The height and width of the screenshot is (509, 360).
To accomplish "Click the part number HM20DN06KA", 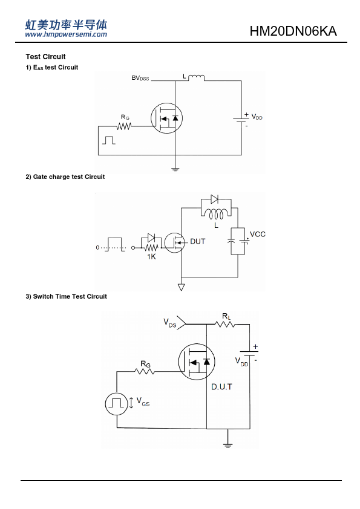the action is pos(293,31).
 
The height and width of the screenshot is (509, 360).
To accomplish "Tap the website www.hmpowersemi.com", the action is pos(66,34).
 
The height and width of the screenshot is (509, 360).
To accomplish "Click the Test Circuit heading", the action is pos(45,57).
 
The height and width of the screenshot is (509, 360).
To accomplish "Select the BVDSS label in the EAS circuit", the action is pos(140,78).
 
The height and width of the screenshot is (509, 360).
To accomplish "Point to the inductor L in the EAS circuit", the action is pos(196,77).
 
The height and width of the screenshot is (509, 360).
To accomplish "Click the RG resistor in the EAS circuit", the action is pos(124,126).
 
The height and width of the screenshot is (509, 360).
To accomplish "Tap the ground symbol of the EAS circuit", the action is pos(175,169).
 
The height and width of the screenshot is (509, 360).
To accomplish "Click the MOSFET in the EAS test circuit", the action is pos(166,118).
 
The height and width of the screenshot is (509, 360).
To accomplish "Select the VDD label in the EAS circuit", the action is pos(257,117).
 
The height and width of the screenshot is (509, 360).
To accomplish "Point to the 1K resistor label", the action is pos(151,257).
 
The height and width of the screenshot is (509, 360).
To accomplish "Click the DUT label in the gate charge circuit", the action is pos(197,242).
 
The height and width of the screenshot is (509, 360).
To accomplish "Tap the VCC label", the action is pos(258,235).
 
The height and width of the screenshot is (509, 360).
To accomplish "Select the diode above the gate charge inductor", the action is pos(214,199).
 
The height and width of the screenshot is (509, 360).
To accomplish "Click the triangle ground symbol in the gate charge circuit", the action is pos(182,287).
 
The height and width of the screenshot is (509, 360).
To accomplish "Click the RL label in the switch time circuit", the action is pos(226,316).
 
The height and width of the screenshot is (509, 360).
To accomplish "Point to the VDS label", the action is pos(169,323).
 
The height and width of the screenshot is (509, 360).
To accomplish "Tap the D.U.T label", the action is pos(221,387).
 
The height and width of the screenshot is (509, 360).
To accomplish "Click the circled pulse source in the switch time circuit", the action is pos(117,404).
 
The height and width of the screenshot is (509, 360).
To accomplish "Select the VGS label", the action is pos(143,401).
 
